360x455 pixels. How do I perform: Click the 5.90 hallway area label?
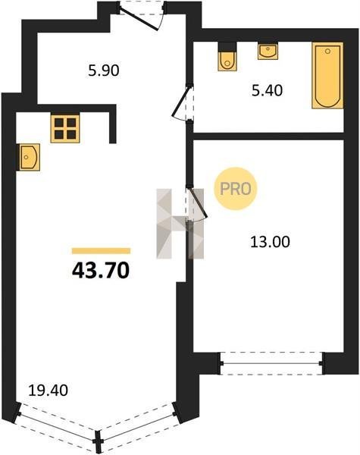point(104,71)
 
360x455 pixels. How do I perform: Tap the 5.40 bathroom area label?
point(267,90)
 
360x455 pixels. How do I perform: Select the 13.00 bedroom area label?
point(270,242)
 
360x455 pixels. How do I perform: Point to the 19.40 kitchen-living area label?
point(49,391)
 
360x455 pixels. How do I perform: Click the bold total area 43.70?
point(100,271)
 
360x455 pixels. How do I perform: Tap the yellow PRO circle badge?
point(236,189)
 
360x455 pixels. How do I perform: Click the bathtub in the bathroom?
point(327,75)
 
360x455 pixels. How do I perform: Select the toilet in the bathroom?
point(227,57)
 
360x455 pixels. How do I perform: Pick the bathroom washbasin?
point(268,51)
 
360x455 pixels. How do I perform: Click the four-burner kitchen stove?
point(65,129)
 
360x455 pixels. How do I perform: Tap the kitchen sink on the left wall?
point(28,157)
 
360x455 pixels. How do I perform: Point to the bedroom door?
point(196,203)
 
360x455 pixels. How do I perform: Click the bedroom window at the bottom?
point(271,363)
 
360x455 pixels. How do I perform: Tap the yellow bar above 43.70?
point(102,251)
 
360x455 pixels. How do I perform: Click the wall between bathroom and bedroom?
point(268,136)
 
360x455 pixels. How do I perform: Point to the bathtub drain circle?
point(328,52)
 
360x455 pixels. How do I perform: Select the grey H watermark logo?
point(180,224)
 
